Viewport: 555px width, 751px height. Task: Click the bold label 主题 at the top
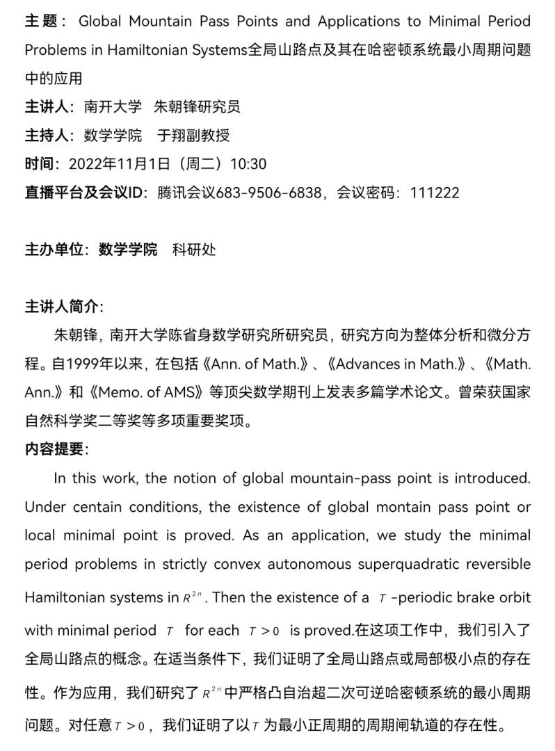(x=41, y=21)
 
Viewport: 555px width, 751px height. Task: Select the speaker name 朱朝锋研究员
(x=197, y=106)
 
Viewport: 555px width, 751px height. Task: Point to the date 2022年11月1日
(x=119, y=164)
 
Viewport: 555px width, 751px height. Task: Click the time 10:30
(x=248, y=164)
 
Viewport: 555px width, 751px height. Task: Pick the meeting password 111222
(x=435, y=193)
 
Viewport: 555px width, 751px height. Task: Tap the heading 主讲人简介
(x=63, y=307)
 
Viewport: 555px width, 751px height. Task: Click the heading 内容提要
(x=56, y=449)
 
